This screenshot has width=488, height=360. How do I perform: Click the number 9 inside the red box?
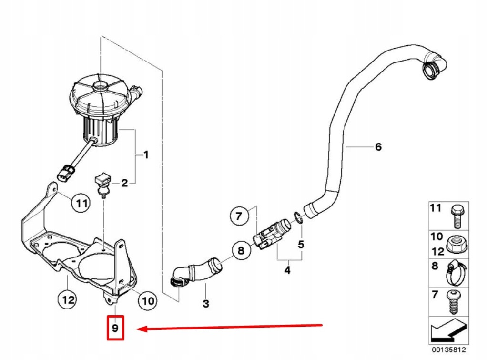pyautogui.click(x=115, y=328)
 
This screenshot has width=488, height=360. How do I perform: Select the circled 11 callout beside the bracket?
pyautogui.click(x=81, y=204)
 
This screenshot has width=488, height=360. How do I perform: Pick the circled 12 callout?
pyautogui.click(x=67, y=300)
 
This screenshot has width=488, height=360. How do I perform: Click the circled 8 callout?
pyautogui.click(x=241, y=250)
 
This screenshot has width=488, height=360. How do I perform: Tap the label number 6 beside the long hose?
pyautogui.click(x=378, y=147)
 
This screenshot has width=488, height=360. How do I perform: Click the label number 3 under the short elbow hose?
pyautogui.click(x=206, y=303)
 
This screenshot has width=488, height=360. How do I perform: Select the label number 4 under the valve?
pyautogui.click(x=287, y=270)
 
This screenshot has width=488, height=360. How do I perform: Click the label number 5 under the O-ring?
pyautogui.click(x=301, y=245)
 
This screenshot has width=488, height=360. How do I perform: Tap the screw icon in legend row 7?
pyautogui.click(x=455, y=302)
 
